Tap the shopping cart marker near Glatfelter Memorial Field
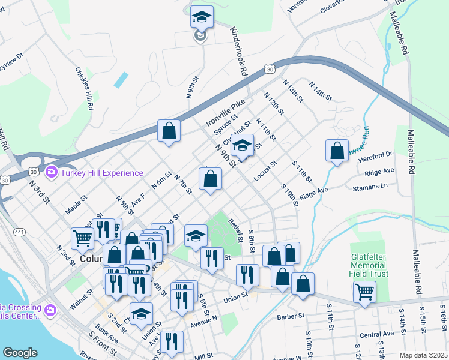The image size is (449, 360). coord(364,292)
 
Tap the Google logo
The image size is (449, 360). coord(20,353)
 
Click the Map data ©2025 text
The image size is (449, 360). coord(423,355)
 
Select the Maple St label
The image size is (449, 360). coord(76,204)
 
